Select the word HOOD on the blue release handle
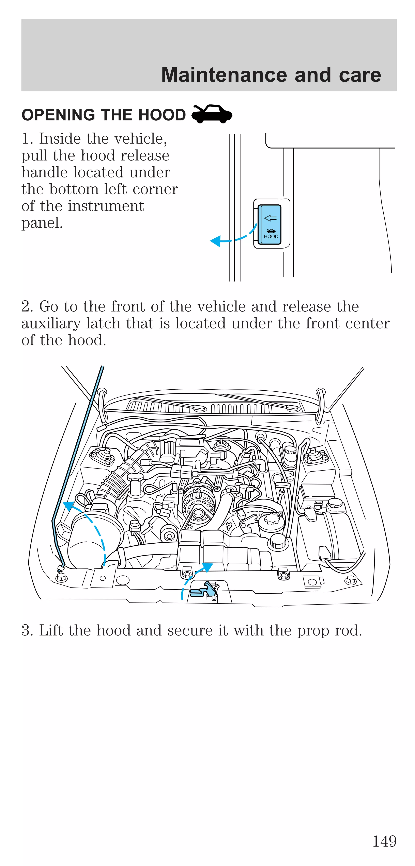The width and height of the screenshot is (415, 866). (x=271, y=237)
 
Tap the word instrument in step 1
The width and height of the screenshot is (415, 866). (x=106, y=206)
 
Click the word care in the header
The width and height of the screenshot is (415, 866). (x=360, y=75)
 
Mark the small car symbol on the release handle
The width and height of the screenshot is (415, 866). (x=271, y=231)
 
